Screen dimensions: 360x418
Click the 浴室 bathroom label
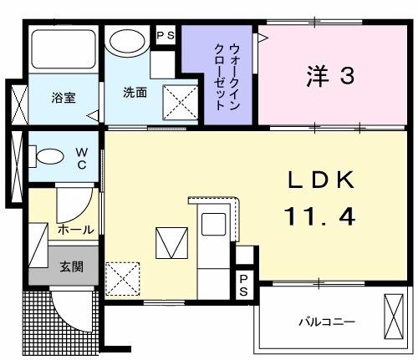(63, 97)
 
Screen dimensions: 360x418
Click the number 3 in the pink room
(346, 75)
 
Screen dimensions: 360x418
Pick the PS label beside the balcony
(243, 284)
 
